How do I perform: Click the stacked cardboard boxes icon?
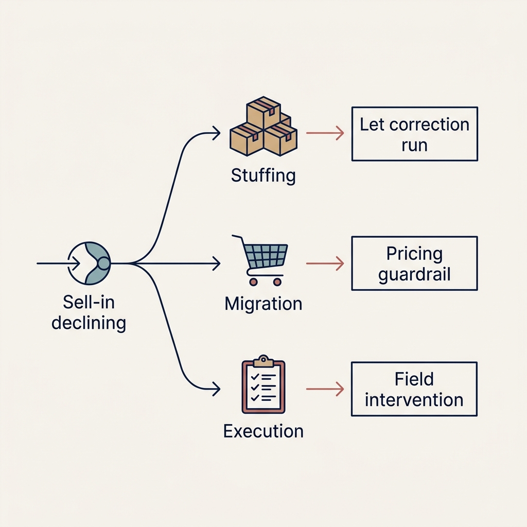[x=263, y=127]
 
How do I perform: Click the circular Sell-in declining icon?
[x=89, y=263]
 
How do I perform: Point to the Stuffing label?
[x=263, y=175]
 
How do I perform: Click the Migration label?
[x=263, y=303]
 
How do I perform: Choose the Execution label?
[x=263, y=431]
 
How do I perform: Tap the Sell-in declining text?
[x=89, y=312]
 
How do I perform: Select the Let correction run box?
[x=414, y=134]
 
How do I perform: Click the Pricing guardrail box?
[x=414, y=263]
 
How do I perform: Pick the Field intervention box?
[x=414, y=389]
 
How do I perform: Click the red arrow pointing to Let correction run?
[x=325, y=134]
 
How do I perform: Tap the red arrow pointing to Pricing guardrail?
[x=325, y=263]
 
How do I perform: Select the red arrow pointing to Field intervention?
[x=325, y=389]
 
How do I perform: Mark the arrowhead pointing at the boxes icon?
[x=217, y=135]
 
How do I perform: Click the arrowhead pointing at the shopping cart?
[x=217, y=263]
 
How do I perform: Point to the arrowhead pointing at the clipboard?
[x=217, y=389]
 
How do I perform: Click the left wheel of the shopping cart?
[x=253, y=282]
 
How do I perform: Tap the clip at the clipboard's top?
[x=263, y=359]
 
